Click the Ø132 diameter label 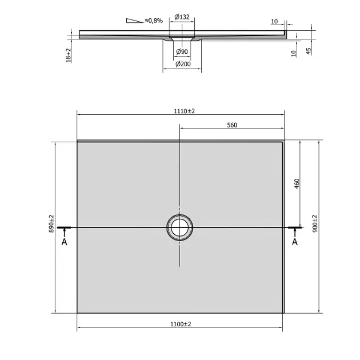[182, 17]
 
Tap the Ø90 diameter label [182, 51]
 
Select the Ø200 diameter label [183, 64]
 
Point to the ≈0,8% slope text [154, 21]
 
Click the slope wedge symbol [135, 21]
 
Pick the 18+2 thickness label [69, 55]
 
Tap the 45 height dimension [309, 51]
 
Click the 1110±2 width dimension [184, 111]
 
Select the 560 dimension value [232, 125]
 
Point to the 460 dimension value [297, 183]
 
